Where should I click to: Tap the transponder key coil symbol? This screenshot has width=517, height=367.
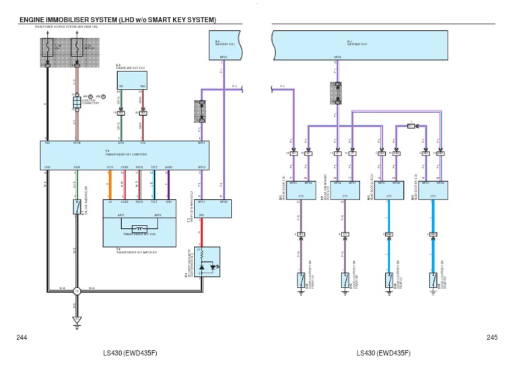point(139,228)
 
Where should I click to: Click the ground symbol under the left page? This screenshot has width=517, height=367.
point(76,320)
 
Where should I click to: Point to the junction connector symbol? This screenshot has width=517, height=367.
point(77,102)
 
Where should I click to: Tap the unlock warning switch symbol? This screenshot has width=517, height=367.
point(76,207)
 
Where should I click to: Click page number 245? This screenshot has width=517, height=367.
point(491,337)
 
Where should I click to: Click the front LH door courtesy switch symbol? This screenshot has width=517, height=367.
point(300,279)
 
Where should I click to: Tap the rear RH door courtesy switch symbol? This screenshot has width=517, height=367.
point(433,279)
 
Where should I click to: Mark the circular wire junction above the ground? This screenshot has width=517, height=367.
point(76,290)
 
